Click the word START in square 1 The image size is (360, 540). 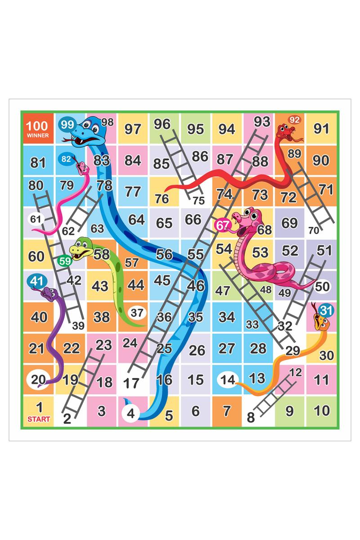pyautogui.click(x=39, y=419)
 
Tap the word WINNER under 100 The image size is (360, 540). pyautogui.click(x=38, y=135)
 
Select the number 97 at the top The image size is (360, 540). pyautogui.click(x=133, y=129)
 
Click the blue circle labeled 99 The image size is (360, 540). pyautogui.click(x=67, y=124)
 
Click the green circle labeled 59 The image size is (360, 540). pyautogui.click(x=65, y=261)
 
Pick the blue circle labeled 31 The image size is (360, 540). pyautogui.click(x=327, y=310)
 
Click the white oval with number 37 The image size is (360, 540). pyautogui.click(x=137, y=312)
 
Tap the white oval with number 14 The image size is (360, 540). pyautogui.click(x=228, y=379)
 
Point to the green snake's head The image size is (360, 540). pyautogui.click(x=81, y=249)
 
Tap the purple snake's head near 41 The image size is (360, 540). pyautogui.click(x=49, y=295)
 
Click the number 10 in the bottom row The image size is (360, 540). pyautogui.click(x=322, y=410)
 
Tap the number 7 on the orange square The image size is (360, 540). pyautogui.click(x=227, y=410)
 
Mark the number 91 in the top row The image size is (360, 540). pyautogui.click(x=321, y=129)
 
